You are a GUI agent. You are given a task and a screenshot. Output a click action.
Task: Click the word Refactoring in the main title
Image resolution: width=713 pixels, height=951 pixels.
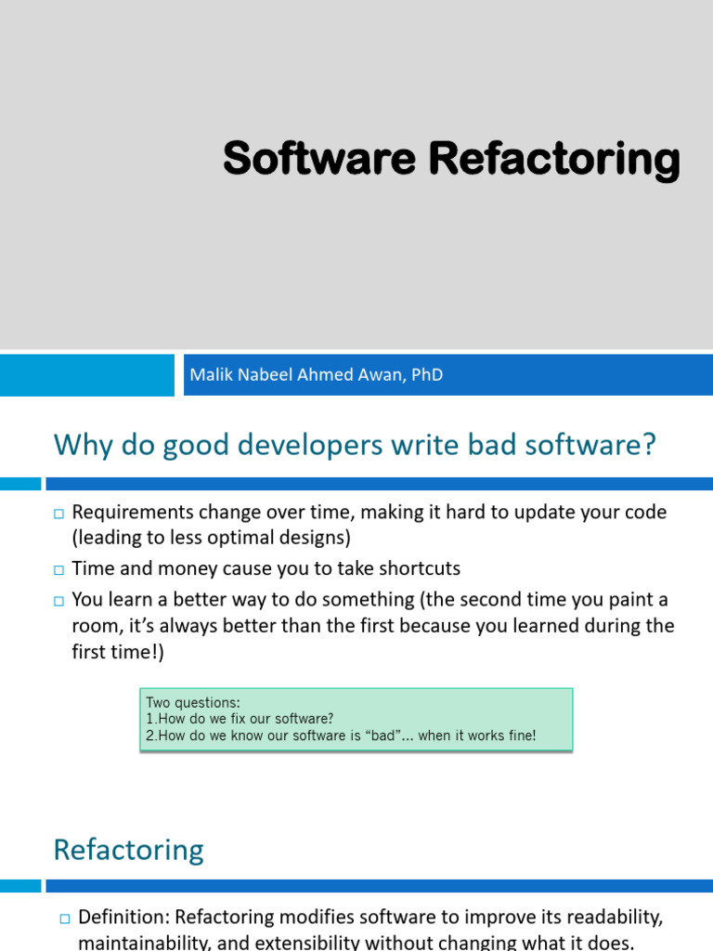tap(554, 159)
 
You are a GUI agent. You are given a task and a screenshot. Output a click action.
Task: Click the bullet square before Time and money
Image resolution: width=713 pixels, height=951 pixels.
tap(58, 569)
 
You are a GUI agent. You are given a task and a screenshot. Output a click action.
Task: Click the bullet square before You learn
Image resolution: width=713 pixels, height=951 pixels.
tap(58, 601)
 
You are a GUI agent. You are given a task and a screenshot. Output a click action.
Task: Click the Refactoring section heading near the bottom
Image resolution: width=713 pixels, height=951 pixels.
tap(128, 850)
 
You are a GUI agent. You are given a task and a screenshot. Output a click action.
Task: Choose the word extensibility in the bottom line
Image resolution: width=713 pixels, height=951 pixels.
tap(297, 943)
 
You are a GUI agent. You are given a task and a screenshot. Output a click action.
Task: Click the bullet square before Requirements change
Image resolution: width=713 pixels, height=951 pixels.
tap(58, 514)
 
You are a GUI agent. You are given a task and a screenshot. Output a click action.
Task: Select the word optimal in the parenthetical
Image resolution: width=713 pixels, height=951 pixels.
tap(236, 538)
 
